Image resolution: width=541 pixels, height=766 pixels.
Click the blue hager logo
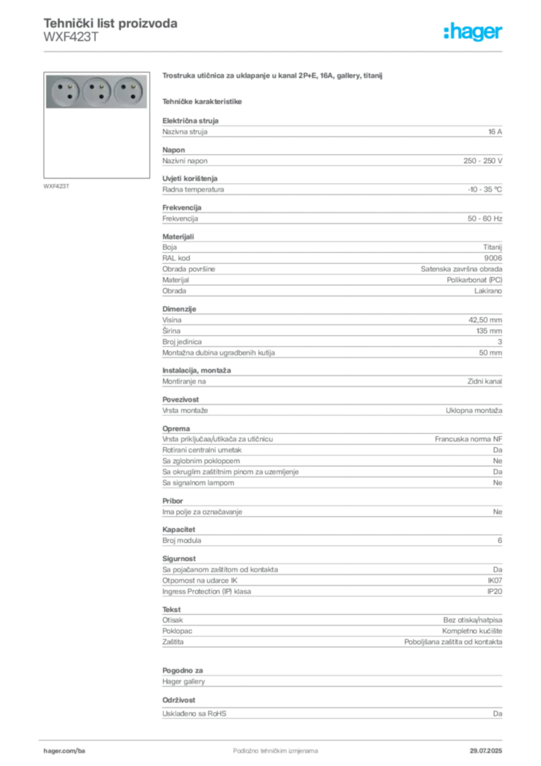click(x=474, y=33)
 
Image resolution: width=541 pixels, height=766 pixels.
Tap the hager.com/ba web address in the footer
click(x=61, y=748)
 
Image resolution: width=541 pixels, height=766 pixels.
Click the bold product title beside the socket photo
click(x=274, y=76)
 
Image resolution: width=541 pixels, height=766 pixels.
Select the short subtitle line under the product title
click(x=203, y=100)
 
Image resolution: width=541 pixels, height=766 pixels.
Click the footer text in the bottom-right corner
click(x=490, y=747)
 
